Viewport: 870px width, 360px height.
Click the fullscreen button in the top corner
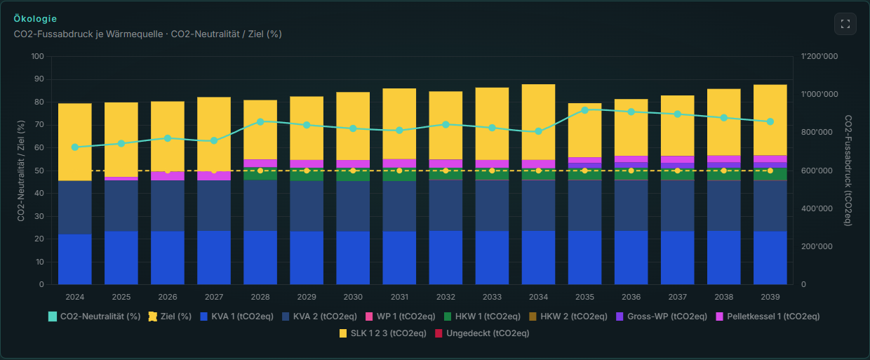pyautogui.click(x=845, y=24)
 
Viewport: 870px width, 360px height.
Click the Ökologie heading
pyautogui.click(x=35, y=19)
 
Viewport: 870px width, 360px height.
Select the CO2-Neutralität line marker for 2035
pyautogui.click(x=584, y=110)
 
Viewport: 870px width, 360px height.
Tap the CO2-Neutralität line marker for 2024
pyautogui.click(x=75, y=147)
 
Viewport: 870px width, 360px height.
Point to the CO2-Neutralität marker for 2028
pyautogui.click(x=260, y=122)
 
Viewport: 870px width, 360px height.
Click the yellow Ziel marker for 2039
pyautogui.click(x=770, y=171)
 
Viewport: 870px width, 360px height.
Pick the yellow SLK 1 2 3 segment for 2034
pyautogui.click(x=538, y=122)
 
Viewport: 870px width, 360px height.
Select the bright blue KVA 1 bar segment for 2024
pyautogui.click(x=75, y=259)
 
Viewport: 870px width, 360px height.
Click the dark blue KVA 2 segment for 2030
pyautogui.click(x=353, y=206)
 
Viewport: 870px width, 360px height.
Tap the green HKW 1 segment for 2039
pyautogui.click(x=770, y=174)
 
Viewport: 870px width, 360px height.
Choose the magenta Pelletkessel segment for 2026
pyautogui.click(x=168, y=176)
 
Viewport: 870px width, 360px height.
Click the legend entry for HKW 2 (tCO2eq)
pyautogui.click(x=568, y=316)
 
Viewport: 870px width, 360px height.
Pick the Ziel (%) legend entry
pyautogui.click(x=170, y=316)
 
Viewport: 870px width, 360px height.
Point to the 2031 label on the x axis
pyautogui.click(x=399, y=297)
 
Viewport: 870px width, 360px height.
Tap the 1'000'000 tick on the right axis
pyautogui.click(x=819, y=94)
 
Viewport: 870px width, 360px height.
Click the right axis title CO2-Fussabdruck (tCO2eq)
pyautogui.click(x=848, y=171)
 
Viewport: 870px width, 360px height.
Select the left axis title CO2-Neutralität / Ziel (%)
pyautogui.click(x=21, y=171)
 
